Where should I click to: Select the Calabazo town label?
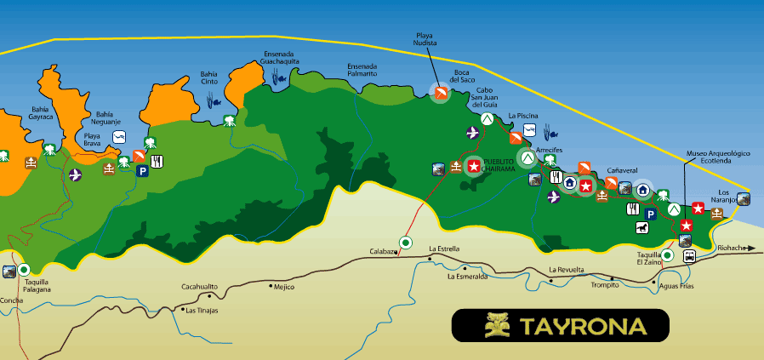pos(384,251)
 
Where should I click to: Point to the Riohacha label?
pos(731,249)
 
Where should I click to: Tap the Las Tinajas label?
pos(203,310)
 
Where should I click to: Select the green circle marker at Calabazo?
pos(406,243)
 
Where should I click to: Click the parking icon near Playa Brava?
pos(143,171)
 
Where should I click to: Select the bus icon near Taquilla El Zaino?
pos(687,255)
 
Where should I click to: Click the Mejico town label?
pos(283,287)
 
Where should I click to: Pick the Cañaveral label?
pos(623,171)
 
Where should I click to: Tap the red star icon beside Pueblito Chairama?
pos(473,167)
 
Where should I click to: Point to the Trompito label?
pos(606,285)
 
